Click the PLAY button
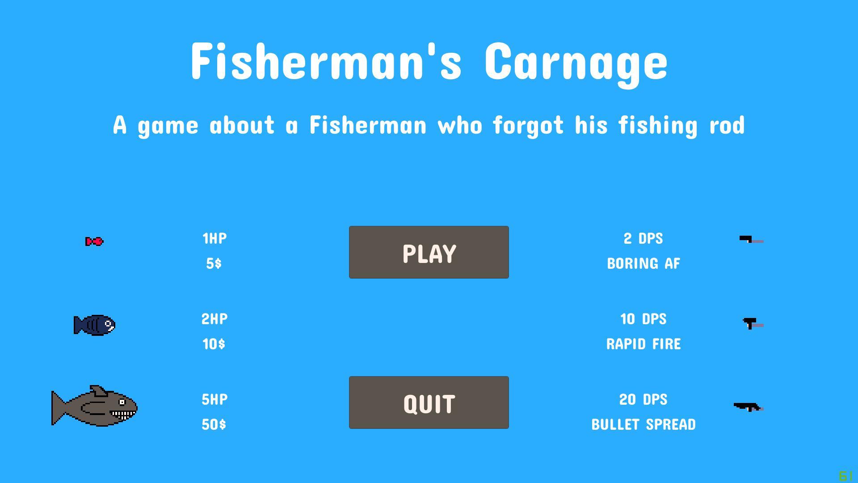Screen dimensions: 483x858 click(429, 252)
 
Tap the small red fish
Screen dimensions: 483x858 click(94, 241)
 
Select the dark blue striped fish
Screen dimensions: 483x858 click(95, 325)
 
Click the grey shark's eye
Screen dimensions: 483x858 click(122, 402)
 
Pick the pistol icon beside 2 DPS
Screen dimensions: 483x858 click(751, 240)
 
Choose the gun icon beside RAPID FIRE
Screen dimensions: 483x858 click(753, 323)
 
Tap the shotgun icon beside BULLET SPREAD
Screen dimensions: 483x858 click(749, 407)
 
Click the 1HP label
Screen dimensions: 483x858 click(214, 238)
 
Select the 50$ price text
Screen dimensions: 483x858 click(214, 424)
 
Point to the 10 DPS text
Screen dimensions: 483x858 click(643, 319)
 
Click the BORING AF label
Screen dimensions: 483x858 click(643, 263)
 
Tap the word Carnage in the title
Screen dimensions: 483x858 click(576, 63)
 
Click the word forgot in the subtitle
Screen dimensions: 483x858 click(528, 125)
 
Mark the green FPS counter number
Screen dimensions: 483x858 click(846, 476)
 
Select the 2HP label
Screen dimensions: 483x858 click(214, 319)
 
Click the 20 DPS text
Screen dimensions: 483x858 click(643, 399)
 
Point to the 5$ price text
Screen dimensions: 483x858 click(214, 263)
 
